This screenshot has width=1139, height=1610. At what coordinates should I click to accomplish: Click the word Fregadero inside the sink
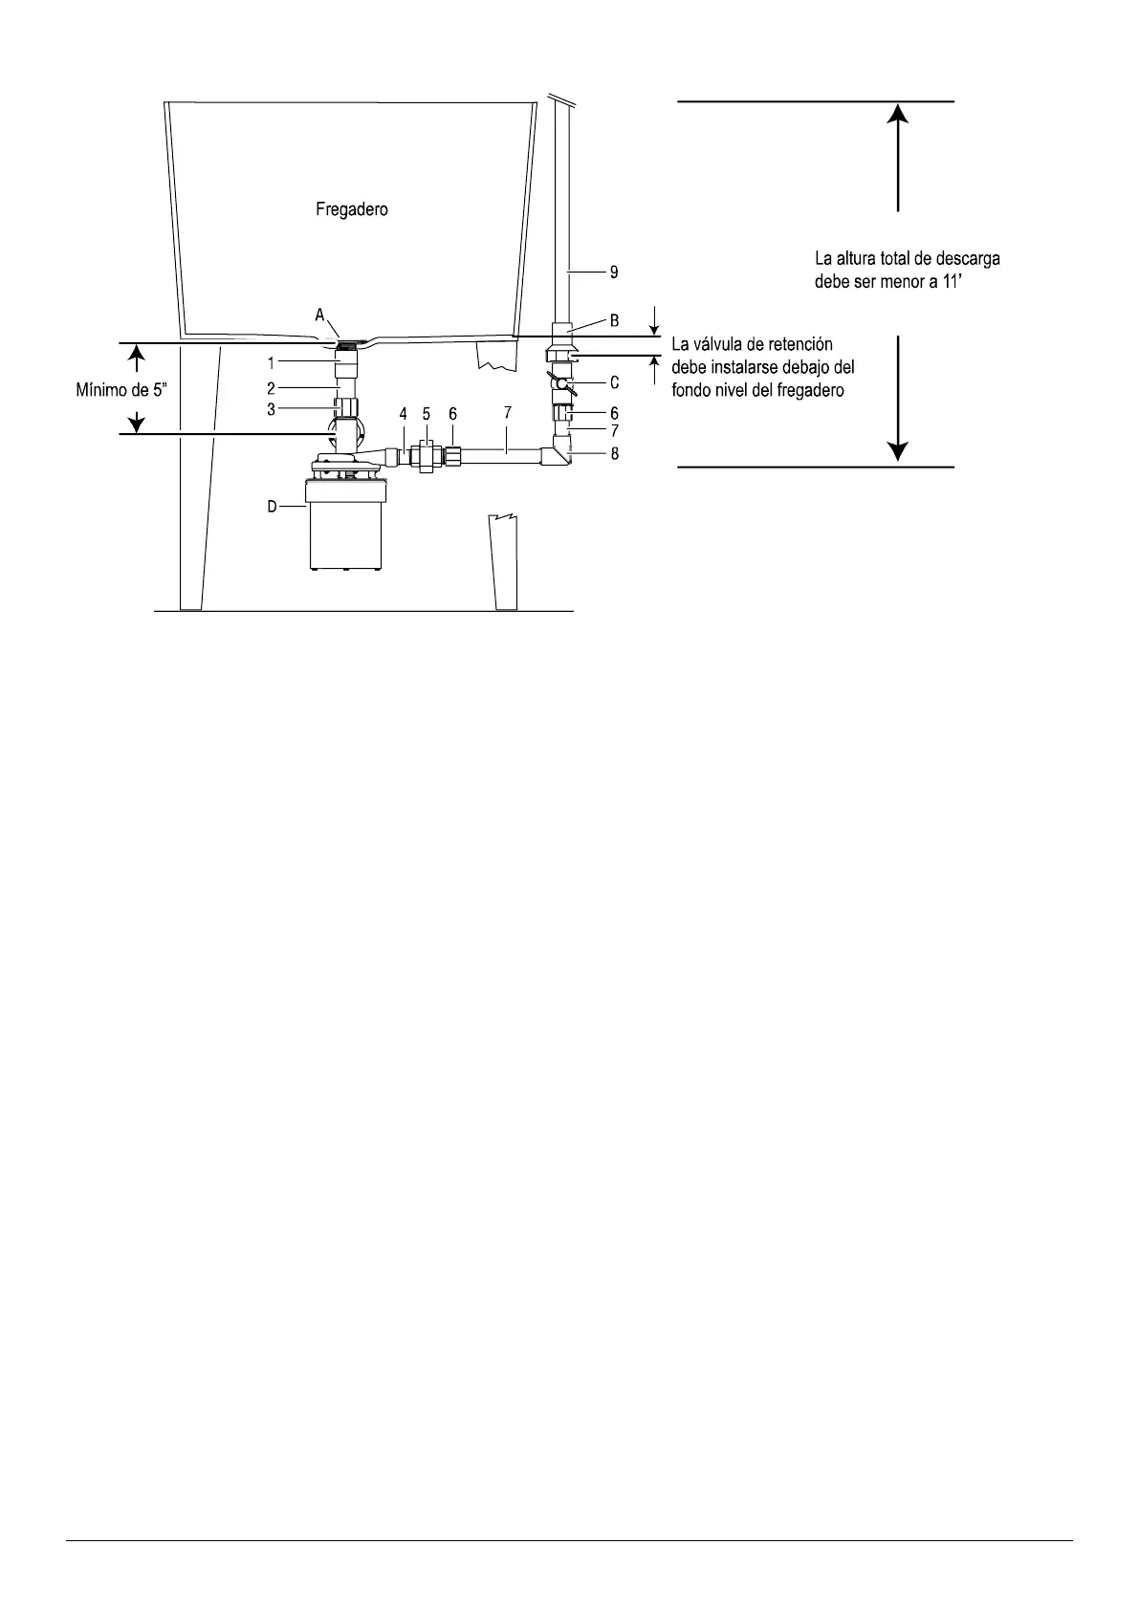(x=352, y=209)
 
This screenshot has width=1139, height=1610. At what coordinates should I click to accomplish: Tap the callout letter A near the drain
(x=320, y=315)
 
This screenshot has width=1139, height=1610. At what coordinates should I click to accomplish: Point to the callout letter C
(x=614, y=382)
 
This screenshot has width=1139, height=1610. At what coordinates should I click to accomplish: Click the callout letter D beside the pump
(x=272, y=507)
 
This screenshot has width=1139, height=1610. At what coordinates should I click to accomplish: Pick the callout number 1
(x=272, y=363)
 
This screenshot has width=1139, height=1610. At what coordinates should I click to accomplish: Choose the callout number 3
(x=272, y=409)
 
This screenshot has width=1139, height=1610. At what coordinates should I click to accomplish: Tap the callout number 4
(x=404, y=414)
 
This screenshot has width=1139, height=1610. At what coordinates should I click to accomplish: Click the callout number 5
(x=427, y=414)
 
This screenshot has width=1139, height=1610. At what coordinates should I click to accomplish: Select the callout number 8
(x=614, y=453)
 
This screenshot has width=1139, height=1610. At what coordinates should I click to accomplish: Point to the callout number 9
(x=614, y=272)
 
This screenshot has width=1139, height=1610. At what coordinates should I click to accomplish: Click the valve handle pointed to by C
(x=564, y=385)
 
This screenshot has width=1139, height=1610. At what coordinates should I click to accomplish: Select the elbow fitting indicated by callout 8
(x=558, y=456)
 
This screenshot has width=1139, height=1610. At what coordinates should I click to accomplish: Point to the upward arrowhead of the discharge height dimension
(x=897, y=114)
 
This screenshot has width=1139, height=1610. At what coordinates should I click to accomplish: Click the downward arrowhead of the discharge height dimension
(x=897, y=451)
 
